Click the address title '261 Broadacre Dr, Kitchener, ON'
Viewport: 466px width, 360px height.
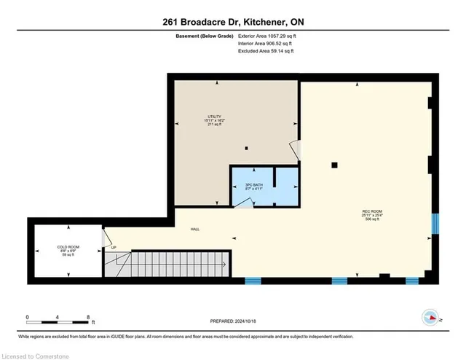point(233,23)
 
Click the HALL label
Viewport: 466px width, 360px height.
point(195,229)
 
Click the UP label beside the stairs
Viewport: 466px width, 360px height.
point(114,248)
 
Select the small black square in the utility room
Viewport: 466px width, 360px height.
point(246,149)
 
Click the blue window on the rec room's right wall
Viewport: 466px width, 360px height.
point(435,223)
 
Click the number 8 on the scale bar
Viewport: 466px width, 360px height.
point(89,317)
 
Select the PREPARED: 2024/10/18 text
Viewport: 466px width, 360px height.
point(232,321)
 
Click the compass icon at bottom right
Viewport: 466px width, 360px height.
point(430,316)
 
